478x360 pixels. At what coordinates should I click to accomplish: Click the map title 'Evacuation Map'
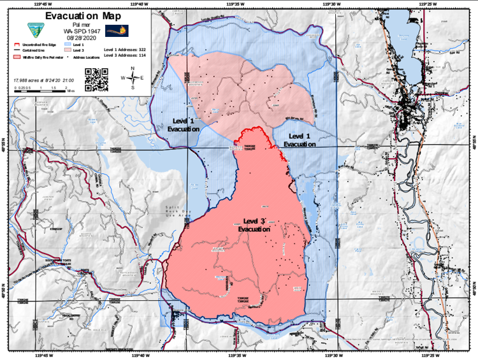pos(83,15)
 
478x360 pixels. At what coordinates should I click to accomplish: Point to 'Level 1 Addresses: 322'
pos(126,49)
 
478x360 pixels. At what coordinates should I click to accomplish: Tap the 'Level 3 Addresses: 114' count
pos(126,55)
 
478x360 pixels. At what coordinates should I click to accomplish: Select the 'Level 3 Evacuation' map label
pos(254,224)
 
